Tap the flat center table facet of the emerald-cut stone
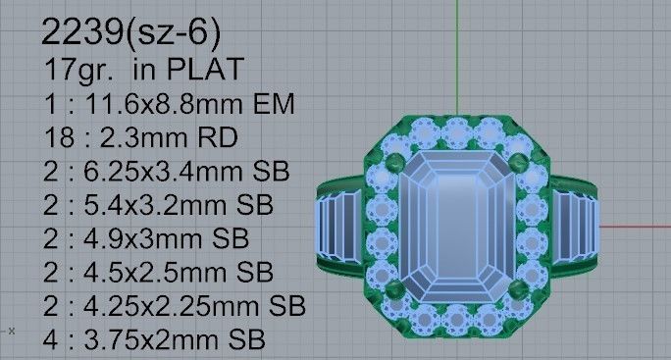coord(457,228)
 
